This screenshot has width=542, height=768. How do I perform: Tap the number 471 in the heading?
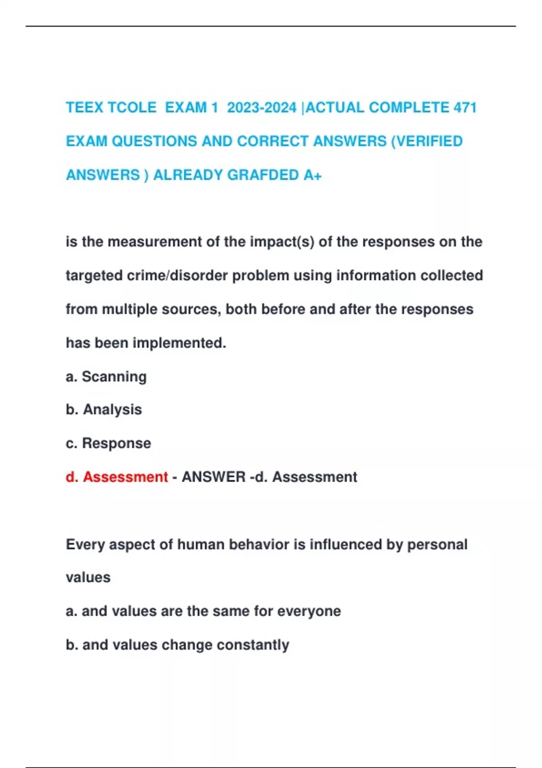pyautogui.click(x=465, y=108)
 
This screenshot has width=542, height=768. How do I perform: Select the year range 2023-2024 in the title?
pyautogui.click(x=262, y=108)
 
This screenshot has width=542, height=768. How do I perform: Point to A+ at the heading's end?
pyautogui.click(x=312, y=175)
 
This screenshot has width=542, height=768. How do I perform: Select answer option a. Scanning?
pyautogui.click(x=106, y=376)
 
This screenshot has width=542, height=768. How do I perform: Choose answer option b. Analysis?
pyautogui.click(x=104, y=409)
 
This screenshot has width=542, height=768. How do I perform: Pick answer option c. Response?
pyautogui.click(x=108, y=443)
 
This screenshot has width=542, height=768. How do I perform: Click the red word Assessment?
pyautogui.click(x=125, y=477)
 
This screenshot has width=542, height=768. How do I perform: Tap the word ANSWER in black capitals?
pyautogui.click(x=213, y=477)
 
